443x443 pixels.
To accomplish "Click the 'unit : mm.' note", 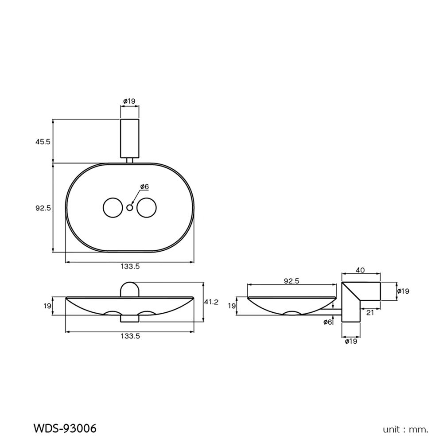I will tap(406, 429).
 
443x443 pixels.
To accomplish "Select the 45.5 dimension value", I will tap(43, 141).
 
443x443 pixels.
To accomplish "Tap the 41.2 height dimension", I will tap(211, 302).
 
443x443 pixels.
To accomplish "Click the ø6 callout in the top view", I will tap(144, 187).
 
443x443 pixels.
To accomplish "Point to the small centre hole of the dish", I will tap(130, 207).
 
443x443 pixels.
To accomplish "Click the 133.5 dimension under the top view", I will tap(130, 266).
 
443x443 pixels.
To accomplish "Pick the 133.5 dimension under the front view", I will tap(130, 336).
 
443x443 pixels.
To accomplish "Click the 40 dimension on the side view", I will tap(360, 269).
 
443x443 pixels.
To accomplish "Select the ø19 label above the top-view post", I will tap(129, 101).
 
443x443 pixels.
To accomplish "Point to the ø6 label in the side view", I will tap(328, 322).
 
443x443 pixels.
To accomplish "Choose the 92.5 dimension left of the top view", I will tap(43, 207).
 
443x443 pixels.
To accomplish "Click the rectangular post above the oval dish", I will tap(130, 138).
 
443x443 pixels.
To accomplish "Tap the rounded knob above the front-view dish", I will tap(130, 289).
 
